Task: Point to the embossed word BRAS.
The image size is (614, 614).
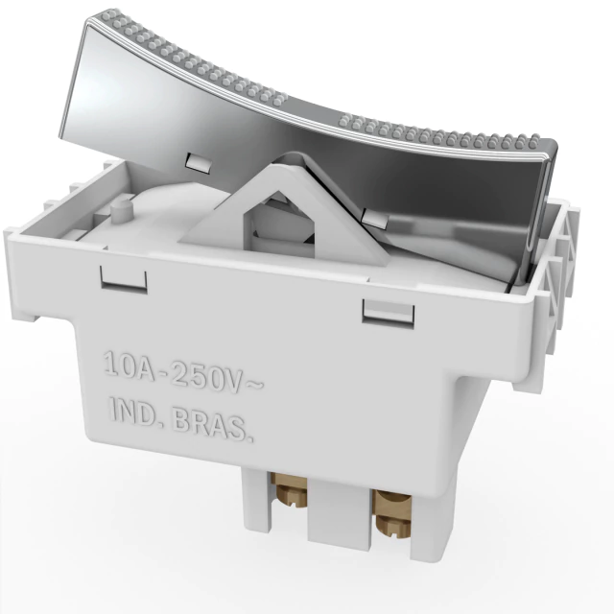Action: [x=212, y=424]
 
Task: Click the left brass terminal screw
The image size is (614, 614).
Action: [x=292, y=490]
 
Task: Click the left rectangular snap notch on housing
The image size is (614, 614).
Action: [x=124, y=280]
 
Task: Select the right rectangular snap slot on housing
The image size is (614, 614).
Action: [x=388, y=311]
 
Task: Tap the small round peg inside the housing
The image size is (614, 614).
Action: [x=121, y=212]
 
